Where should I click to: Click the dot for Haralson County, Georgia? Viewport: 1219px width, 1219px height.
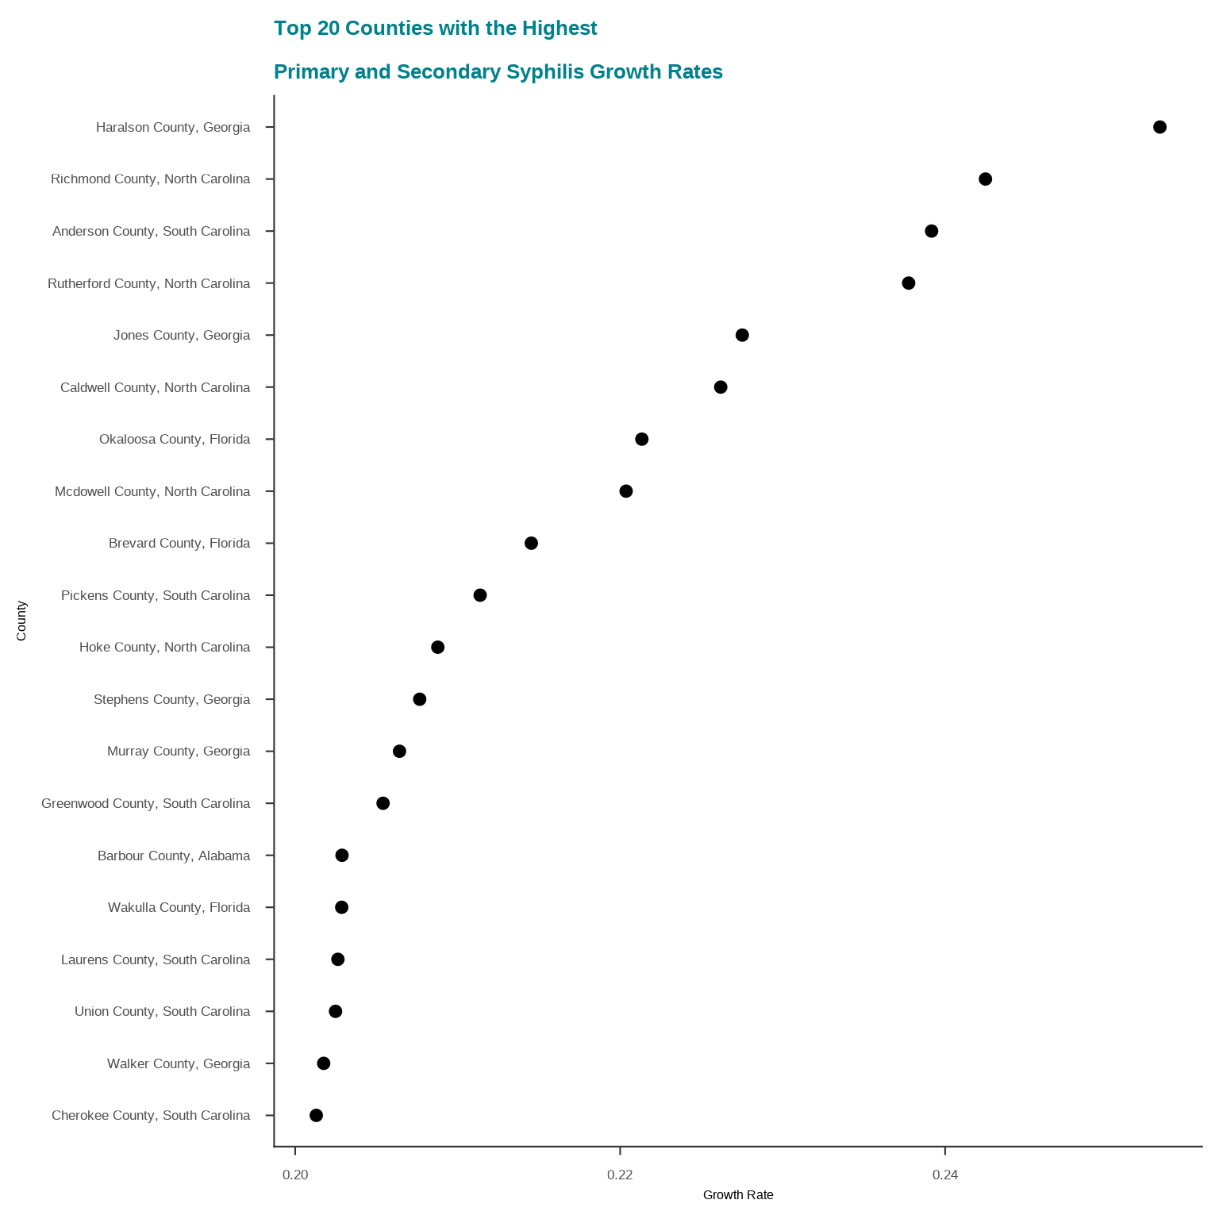[x=1159, y=127]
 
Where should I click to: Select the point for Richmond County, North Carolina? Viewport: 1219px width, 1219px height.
[x=985, y=179]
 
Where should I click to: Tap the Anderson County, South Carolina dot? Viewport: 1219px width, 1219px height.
[x=932, y=231]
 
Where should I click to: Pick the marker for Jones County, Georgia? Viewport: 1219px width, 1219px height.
[x=742, y=335]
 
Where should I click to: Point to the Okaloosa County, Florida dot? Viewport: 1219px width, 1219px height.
[x=642, y=439]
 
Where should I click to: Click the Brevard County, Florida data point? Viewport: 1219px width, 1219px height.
[x=532, y=543]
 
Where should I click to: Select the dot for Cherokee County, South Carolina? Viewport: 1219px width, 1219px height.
[x=316, y=1115]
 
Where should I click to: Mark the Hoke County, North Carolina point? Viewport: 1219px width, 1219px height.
[x=437, y=647]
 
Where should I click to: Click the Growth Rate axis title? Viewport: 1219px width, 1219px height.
[x=738, y=1195]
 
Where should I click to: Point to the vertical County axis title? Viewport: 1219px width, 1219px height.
[x=21, y=621]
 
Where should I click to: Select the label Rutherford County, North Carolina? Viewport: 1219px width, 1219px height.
[x=149, y=283]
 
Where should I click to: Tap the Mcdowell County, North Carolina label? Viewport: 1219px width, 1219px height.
[x=152, y=491]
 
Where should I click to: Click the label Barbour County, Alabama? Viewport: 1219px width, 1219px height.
[x=174, y=856]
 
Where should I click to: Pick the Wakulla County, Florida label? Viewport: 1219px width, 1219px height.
[x=179, y=907]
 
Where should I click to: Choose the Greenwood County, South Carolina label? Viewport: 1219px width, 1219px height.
[x=146, y=803]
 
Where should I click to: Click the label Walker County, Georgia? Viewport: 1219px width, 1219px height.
[x=179, y=1063]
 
